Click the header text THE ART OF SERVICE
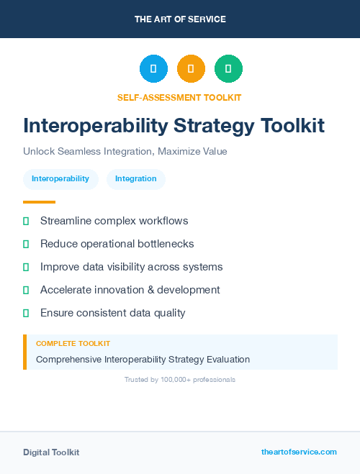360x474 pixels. [180, 19]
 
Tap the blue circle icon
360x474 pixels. [153, 69]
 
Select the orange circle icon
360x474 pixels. [191, 69]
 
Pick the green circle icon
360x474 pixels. [228, 69]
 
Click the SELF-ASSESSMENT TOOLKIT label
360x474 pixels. [179, 97]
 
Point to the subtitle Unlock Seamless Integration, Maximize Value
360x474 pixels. [125, 152]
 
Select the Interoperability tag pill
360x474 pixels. [60, 179]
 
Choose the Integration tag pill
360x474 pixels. [136, 179]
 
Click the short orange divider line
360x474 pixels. [39, 202]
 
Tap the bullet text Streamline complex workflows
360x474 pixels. [114, 221]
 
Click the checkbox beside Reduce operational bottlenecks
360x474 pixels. [26, 244]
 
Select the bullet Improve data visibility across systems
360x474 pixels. [131, 267]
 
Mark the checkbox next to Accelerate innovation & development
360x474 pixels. [26, 290]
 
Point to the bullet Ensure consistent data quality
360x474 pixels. [112, 313]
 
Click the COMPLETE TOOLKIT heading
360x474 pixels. [73, 344]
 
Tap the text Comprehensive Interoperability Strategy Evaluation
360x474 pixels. [143, 359]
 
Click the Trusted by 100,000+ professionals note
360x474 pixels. [179, 379]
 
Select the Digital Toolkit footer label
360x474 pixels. [51, 452]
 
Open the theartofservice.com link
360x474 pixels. [299, 452]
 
